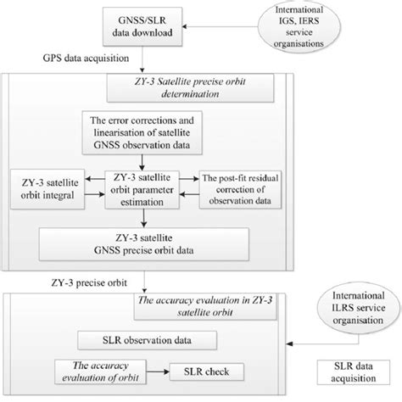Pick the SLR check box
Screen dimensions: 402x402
pyautogui.click(x=208, y=372)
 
